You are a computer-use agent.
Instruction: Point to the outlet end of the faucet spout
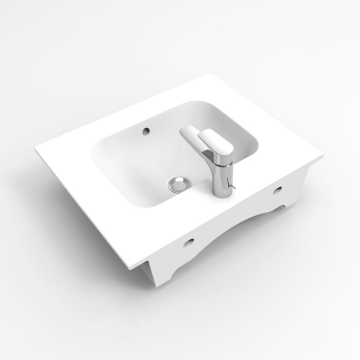tap(186, 133)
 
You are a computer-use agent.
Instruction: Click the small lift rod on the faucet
tap(232, 186)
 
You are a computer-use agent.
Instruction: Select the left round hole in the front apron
tap(188, 242)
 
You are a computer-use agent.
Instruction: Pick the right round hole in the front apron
tap(278, 190)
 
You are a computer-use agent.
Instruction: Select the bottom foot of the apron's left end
tap(154, 284)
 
